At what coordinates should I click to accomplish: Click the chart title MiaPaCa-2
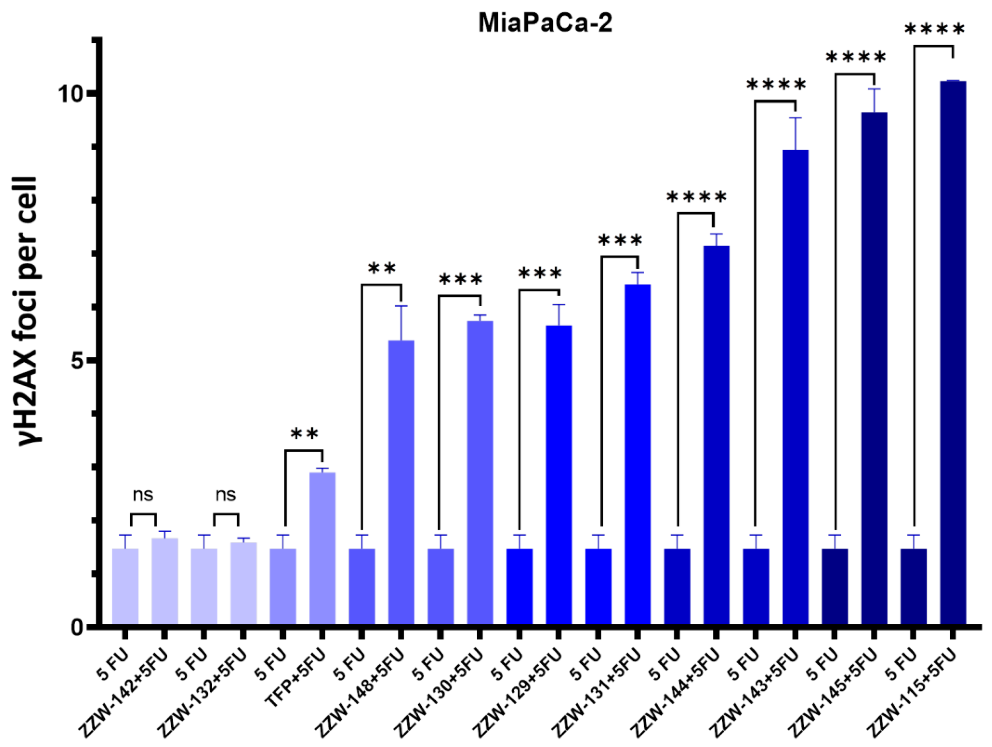click(545, 22)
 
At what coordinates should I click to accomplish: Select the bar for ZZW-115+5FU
click(952, 359)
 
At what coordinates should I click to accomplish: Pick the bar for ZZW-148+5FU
click(401, 484)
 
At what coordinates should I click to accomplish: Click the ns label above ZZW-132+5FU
click(225, 495)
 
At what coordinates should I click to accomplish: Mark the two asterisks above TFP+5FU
click(304, 434)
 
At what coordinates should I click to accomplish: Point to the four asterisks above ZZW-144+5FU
click(696, 198)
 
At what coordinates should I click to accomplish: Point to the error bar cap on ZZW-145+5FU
click(873, 89)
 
